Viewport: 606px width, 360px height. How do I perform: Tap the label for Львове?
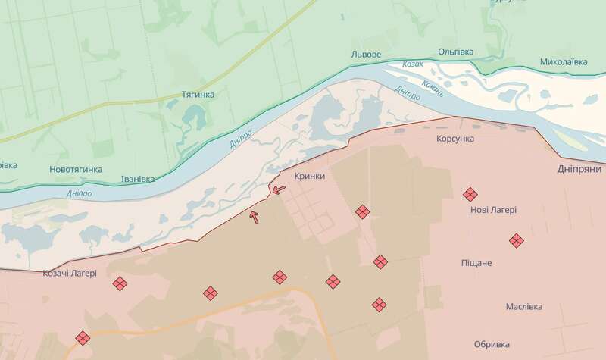point(367,55)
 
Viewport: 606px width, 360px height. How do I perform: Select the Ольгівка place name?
point(455,52)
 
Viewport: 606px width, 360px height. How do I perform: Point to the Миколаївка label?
point(564,61)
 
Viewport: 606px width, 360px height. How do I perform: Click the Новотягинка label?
point(75,169)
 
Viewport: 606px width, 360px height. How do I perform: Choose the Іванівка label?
point(138,180)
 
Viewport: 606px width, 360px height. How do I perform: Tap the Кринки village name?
point(311,175)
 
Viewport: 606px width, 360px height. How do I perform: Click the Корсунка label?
point(456,140)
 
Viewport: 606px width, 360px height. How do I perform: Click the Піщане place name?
point(476,263)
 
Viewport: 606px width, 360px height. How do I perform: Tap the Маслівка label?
point(524,307)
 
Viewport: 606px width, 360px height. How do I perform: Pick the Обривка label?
point(492,342)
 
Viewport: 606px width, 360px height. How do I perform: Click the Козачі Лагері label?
point(69,273)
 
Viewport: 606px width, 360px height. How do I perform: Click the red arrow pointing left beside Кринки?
point(279,189)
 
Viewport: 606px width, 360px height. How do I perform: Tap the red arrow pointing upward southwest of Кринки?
point(255,217)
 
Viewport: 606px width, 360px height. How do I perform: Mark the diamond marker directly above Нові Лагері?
point(470,194)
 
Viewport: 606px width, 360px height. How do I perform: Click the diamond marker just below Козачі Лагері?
point(119,284)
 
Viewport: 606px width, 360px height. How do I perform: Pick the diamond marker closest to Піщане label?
point(516,240)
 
